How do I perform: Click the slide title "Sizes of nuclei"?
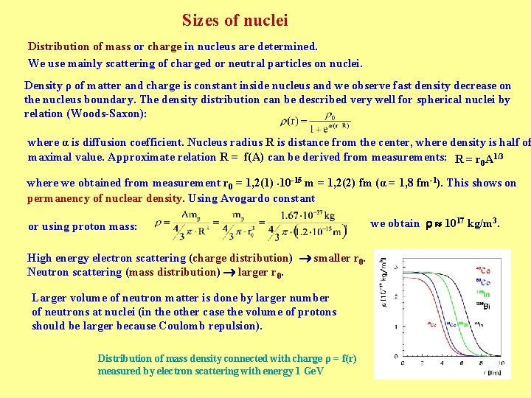coord(235,21)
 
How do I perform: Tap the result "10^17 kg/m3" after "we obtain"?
coord(472,223)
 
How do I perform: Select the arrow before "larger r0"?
coord(230,272)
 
